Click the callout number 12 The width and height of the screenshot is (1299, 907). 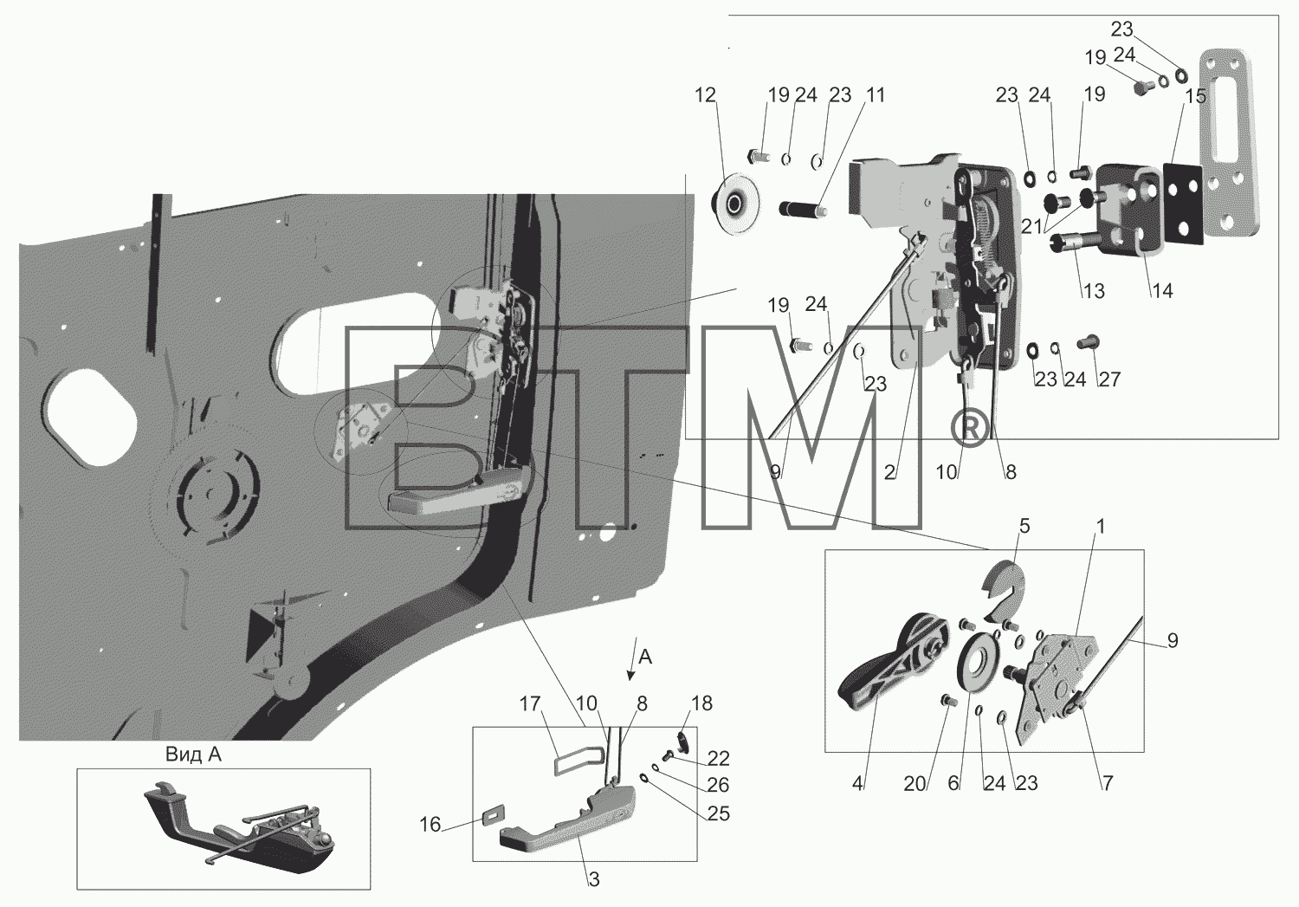click(x=705, y=95)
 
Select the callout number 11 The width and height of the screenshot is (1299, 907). click(x=875, y=95)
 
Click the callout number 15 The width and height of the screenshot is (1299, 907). click(x=1195, y=95)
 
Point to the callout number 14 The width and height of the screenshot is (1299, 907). click(x=1161, y=291)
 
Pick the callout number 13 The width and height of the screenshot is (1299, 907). click(x=1094, y=291)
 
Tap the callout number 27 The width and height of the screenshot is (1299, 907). click(x=1109, y=379)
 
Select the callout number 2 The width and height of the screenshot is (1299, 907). click(x=889, y=473)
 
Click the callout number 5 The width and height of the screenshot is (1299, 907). click(x=1024, y=527)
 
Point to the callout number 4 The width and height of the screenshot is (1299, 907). click(x=857, y=784)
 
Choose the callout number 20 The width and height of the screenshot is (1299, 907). click(x=914, y=784)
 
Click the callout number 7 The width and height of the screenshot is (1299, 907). click(x=1107, y=784)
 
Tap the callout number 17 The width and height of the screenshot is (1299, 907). click(x=529, y=704)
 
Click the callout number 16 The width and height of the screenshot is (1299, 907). click(x=430, y=825)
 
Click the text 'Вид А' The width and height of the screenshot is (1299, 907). click(x=193, y=755)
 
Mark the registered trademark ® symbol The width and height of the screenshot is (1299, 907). click(x=968, y=427)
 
